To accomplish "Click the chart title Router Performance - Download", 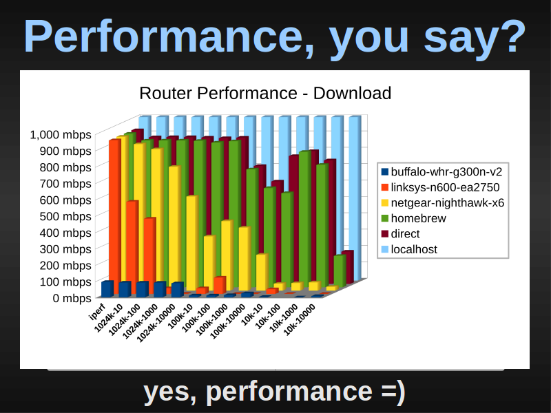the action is pos(265,94).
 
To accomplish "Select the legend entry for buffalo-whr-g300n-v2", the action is pos(441,171).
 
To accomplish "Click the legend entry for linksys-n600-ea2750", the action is pos(440,187).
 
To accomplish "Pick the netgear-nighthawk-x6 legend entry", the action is pos(443,202).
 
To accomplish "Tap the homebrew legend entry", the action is pos(414,218).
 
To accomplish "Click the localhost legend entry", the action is pos(409,249).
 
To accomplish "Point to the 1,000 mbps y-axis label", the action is pos(61,134).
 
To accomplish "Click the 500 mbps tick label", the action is pos(65,216).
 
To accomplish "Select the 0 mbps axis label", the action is pos(72,298).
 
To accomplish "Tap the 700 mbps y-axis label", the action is pos(65,184).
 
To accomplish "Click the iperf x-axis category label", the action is pos(97,312).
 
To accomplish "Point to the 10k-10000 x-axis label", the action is pos(300,319).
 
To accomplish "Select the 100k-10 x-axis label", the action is pos(180,317).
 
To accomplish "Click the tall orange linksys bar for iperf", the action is pos(115,217).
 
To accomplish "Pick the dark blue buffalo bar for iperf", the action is pos(107,289).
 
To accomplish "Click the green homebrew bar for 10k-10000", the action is pos(340,271).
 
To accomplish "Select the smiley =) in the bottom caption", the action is pos(393,392).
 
